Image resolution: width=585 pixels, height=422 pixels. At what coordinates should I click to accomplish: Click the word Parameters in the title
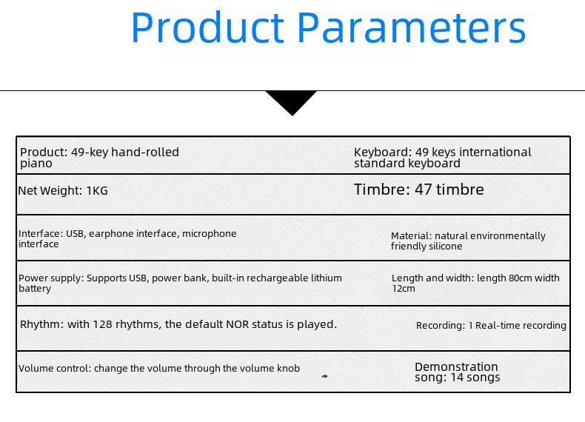tap(412, 28)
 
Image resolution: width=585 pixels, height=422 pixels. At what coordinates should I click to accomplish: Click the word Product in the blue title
tap(208, 28)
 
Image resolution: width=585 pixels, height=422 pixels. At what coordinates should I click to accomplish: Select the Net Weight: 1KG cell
tap(63, 191)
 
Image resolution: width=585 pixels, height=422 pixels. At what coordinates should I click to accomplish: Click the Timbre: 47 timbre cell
tap(419, 190)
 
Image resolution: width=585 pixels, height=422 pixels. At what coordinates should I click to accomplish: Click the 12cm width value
tap(404, 289)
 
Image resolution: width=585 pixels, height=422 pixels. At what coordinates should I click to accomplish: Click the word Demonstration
tap(456, 366)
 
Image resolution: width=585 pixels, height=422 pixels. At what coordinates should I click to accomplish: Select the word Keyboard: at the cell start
tap(382, 153)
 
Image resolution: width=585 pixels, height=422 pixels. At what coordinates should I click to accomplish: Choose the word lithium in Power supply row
tap(326, 278)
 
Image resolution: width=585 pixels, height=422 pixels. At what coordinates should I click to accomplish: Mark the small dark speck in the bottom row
tap(324, 377)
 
